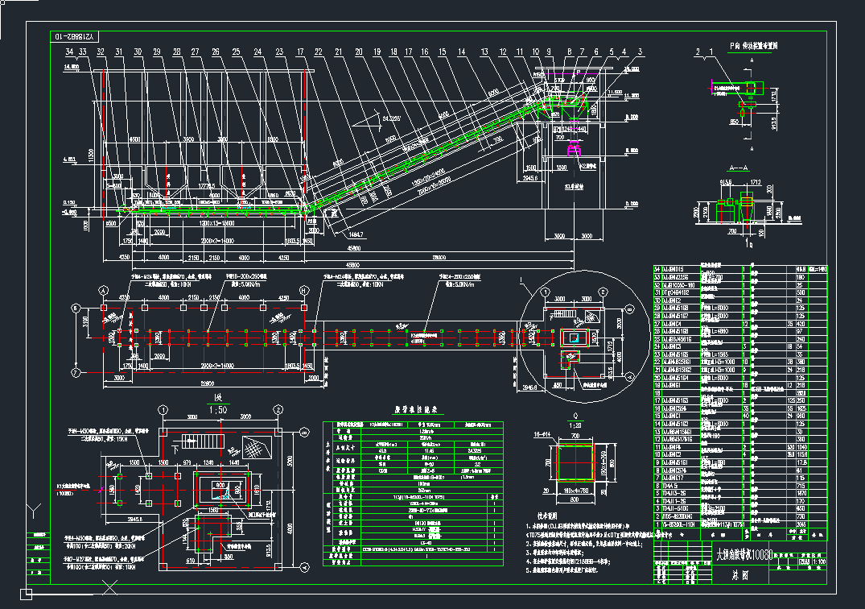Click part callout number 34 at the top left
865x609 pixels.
[x=71, y=52]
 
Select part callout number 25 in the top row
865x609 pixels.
[x=236, y=52]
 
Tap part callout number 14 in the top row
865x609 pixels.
[x=462, y=52]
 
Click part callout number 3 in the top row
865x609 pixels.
[x=641, y=52]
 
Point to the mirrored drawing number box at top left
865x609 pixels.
[x=74, y=36]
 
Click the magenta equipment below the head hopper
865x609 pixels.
[x=575, y=147]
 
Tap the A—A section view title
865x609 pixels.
[x=737, y=168]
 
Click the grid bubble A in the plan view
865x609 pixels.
[x=103, y=290]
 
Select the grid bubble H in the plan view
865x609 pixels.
[x=303, y=290]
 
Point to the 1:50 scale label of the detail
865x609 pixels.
[x=216, y=408]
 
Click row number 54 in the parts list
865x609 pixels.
[x=657, y=268]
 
